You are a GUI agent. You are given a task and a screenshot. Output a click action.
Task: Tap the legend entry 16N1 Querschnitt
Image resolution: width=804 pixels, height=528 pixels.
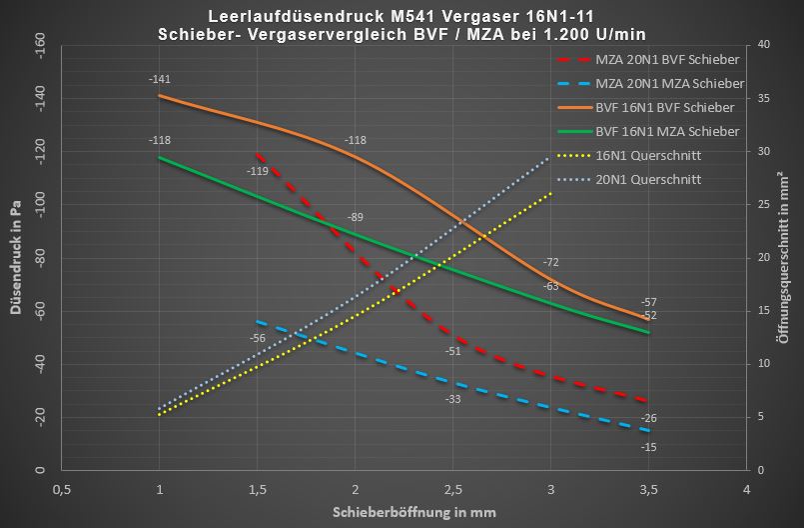(x=648, y=155)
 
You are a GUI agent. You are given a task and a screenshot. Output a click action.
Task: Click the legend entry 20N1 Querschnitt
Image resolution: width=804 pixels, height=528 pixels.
(x=648, y=179)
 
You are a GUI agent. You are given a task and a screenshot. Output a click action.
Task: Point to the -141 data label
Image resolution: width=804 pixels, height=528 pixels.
(x=159, y=79)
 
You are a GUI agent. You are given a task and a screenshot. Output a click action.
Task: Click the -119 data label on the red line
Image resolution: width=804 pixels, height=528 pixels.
(x=257, y=171)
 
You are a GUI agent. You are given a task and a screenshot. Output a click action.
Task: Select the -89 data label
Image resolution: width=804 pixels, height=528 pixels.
(x=355, y=217)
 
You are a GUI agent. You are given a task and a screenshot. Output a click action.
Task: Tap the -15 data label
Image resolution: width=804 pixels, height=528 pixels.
(x=649, y=446)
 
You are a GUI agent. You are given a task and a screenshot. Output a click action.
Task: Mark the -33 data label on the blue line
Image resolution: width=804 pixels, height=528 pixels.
(x=452, y=399)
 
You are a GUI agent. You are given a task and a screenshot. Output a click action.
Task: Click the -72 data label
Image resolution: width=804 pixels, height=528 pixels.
(x=550, y=263)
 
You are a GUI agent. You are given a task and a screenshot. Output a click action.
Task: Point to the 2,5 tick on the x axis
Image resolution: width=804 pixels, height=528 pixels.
(x=452, y=489)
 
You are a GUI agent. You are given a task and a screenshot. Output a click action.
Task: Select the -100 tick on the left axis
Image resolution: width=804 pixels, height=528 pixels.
(x=40, y=204)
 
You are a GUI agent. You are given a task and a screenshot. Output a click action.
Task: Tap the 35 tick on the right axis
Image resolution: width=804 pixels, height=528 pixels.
(x=764, y=98)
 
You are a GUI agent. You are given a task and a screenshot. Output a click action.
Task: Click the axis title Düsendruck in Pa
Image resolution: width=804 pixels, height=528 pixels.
(x=16, y=256)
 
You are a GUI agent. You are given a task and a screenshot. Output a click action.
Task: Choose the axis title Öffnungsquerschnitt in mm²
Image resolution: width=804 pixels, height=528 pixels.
(x=785, y=256)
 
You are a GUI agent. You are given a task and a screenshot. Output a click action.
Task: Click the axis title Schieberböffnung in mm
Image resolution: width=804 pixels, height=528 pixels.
(x=413, y=512)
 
